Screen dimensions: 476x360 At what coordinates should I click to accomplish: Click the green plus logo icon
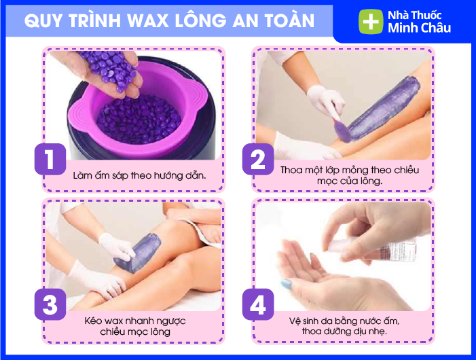(371, 22)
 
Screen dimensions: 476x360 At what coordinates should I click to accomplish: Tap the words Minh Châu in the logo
(419, 28)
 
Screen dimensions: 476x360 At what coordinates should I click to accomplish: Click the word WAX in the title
(147, 21)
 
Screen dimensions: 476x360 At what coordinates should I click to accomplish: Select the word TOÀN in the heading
(290, 20)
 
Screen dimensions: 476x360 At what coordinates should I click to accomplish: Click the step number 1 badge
(50, 159)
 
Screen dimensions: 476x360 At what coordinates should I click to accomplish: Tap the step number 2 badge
(258, 159)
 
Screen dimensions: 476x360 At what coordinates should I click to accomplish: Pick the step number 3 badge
(50, 304)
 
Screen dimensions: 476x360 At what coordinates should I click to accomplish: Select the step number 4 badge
(258, 304)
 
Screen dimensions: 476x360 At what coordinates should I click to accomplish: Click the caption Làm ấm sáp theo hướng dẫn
(139, 175)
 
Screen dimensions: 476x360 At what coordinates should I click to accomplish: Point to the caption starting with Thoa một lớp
(350, 175)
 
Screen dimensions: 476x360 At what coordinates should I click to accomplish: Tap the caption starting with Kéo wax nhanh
(135, 326)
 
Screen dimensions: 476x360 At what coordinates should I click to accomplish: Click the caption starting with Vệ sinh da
(344, 326)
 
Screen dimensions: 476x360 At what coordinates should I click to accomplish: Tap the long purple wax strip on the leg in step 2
(384, 108)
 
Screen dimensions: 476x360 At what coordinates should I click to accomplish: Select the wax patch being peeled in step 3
(138, 252)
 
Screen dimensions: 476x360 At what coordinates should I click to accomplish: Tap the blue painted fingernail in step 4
(286, 285)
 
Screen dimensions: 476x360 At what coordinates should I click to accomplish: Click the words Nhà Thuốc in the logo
(415, 15)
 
